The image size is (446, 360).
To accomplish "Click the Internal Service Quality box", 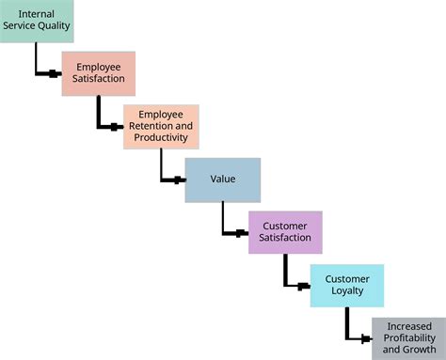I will pyautogui.click(x=37, y=21).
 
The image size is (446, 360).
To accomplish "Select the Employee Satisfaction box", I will pyautogui.click(x=99, y=73).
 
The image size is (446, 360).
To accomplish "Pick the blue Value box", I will pyautogui.click(x=222, y=180).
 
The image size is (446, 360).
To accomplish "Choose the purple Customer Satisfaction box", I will pyautogui.click(x=285, y=232).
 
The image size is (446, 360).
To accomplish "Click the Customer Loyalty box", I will pyautogui.click(x=347, y=285).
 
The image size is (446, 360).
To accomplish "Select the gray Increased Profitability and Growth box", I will pyautogui.click(x=408, y=338).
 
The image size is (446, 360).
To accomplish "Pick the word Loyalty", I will pyautogui.click(x=347, y=291).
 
